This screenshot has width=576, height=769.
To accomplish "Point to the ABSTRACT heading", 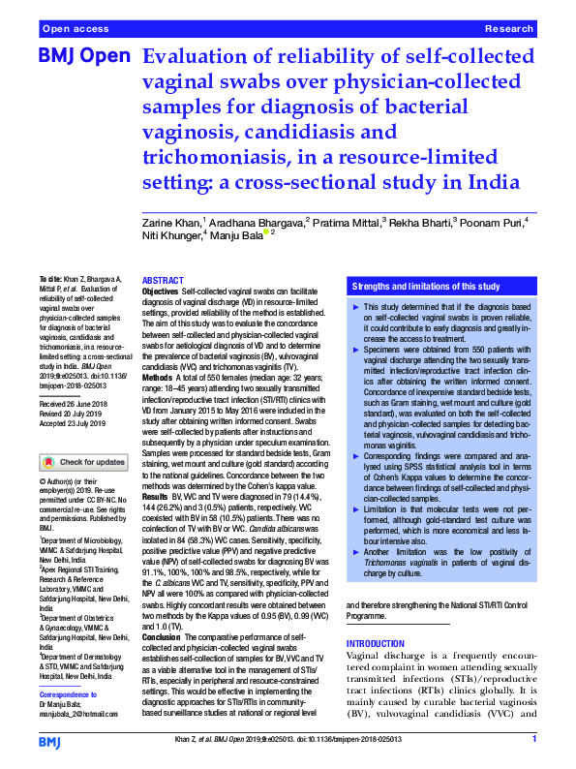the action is pyautogui.click(x=163, y=280).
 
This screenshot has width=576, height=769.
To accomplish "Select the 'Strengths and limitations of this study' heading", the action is pyautogui.click(x=425, y=287).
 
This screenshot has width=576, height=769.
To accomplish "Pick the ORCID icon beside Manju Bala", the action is pyautogui.click(x=266, y=232).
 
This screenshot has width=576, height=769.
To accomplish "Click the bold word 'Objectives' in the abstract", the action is pyautogui.click(x=160, y=292).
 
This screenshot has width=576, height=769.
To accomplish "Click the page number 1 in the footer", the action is pyautogui.click(x=533, y=739).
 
